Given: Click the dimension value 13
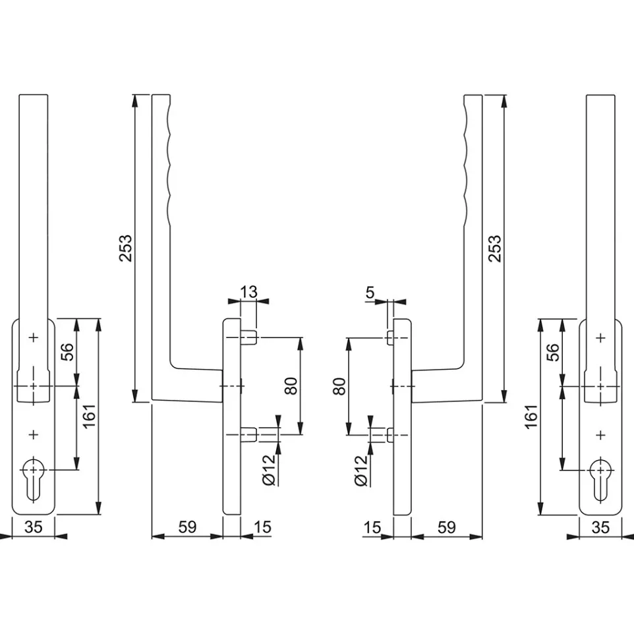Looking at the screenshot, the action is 248,291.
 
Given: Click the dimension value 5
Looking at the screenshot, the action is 370,292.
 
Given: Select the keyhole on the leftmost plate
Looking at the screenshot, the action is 34,479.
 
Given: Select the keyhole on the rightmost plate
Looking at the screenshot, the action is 600,480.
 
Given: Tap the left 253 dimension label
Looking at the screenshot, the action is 126,248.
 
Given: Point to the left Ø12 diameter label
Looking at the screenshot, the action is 268,470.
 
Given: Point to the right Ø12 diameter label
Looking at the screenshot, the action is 360,471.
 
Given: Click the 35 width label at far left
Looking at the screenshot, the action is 34,527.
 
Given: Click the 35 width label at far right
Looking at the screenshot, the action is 600,527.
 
